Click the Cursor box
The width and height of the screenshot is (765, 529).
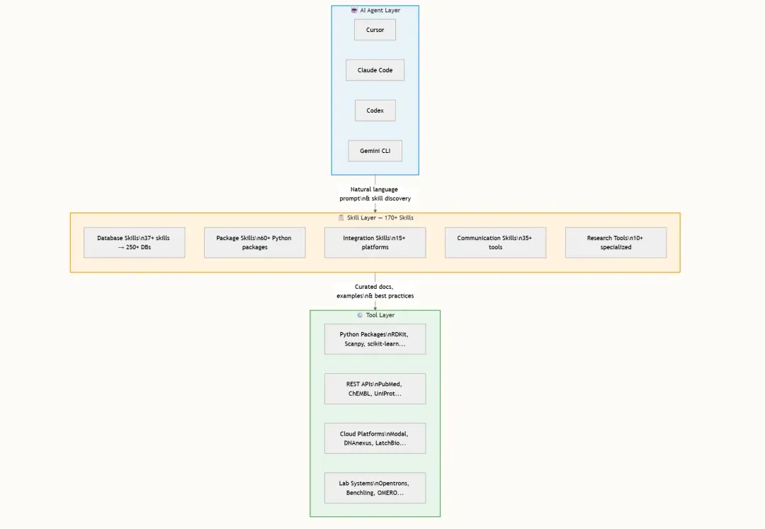point(375,30)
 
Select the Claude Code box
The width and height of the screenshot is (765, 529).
point(375,70)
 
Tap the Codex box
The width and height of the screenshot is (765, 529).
point(375,110)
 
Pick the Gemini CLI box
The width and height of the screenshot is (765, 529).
point(375,151)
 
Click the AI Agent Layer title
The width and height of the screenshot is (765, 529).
point(380,10)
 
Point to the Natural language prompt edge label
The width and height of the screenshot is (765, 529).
point(375,193)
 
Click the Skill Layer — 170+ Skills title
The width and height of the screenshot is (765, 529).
point(380,218)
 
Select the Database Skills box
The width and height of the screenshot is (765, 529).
point(134,242)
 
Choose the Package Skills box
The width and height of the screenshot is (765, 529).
point(255,242)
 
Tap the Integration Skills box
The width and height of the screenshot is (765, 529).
point(375,242)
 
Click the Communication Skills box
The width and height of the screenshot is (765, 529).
point(495,242)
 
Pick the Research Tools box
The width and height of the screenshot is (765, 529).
point(616,242)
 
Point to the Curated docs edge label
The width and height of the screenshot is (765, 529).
point(375,291)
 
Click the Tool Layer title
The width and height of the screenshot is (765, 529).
point(380,315)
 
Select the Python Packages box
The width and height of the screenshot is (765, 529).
point(375,339)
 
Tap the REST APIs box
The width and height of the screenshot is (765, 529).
point(375,389)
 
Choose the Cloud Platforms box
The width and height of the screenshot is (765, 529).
point(375,438)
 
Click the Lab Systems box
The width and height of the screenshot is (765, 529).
point(375,488)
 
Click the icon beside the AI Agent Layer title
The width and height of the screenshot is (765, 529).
point(354,10)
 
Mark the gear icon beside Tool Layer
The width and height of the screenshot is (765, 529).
point(360,315)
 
